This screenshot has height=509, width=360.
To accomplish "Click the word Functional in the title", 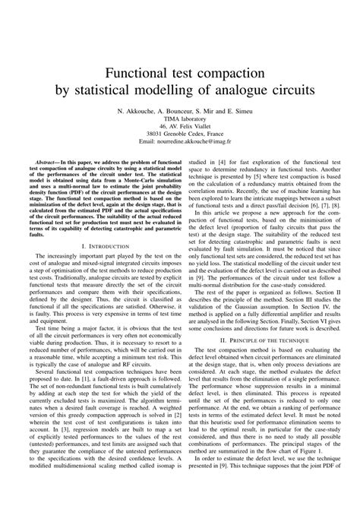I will [x=137, y=73].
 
